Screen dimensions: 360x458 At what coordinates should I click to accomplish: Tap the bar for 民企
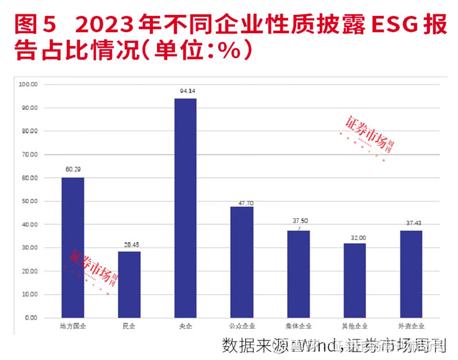(x=129, y=284)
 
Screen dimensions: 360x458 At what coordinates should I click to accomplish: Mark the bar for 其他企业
(x=354, y=280)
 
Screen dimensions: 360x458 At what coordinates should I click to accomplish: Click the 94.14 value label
(x=185, y=90)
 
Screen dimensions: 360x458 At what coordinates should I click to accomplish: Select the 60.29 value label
(x=73, y=169)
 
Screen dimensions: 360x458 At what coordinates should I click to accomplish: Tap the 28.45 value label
(x=129, y=244)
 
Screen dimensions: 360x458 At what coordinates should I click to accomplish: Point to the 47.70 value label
(x=242, y=199)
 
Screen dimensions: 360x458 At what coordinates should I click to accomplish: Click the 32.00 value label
(x=354, y=236)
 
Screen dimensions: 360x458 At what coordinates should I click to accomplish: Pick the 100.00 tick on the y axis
(x=28, y=84)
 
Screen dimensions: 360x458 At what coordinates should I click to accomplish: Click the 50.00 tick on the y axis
(x=29, y=201)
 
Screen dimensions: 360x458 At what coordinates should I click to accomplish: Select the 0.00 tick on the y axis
(x=30, y=318)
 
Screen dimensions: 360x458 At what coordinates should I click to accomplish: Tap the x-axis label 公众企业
(x=242, y=326)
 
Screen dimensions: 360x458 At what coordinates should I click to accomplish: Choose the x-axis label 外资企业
(x=411, y=326)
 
